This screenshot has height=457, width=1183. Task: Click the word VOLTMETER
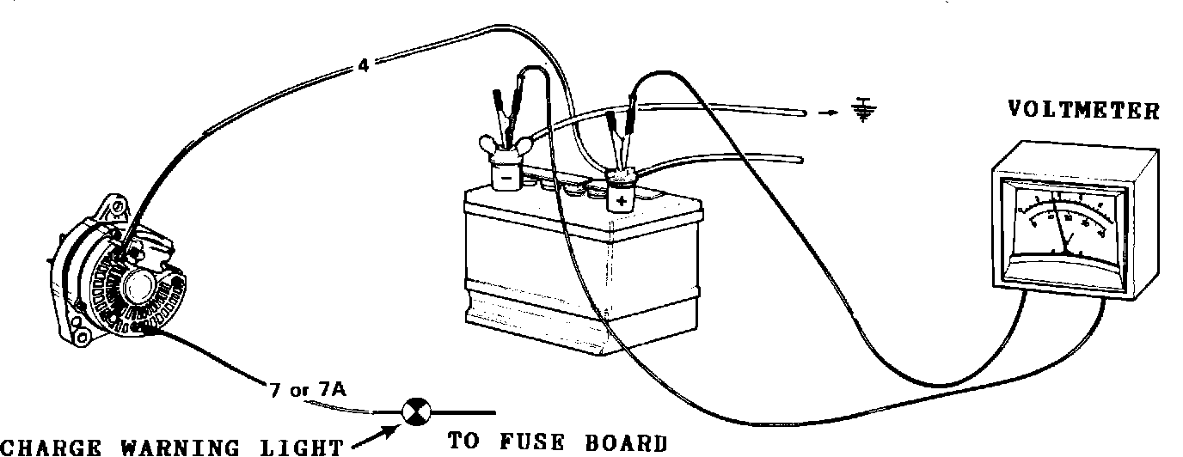tap(1083, 110)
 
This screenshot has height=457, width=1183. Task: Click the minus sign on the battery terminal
tap(507, 178)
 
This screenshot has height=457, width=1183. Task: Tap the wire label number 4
tap(364, 65)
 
